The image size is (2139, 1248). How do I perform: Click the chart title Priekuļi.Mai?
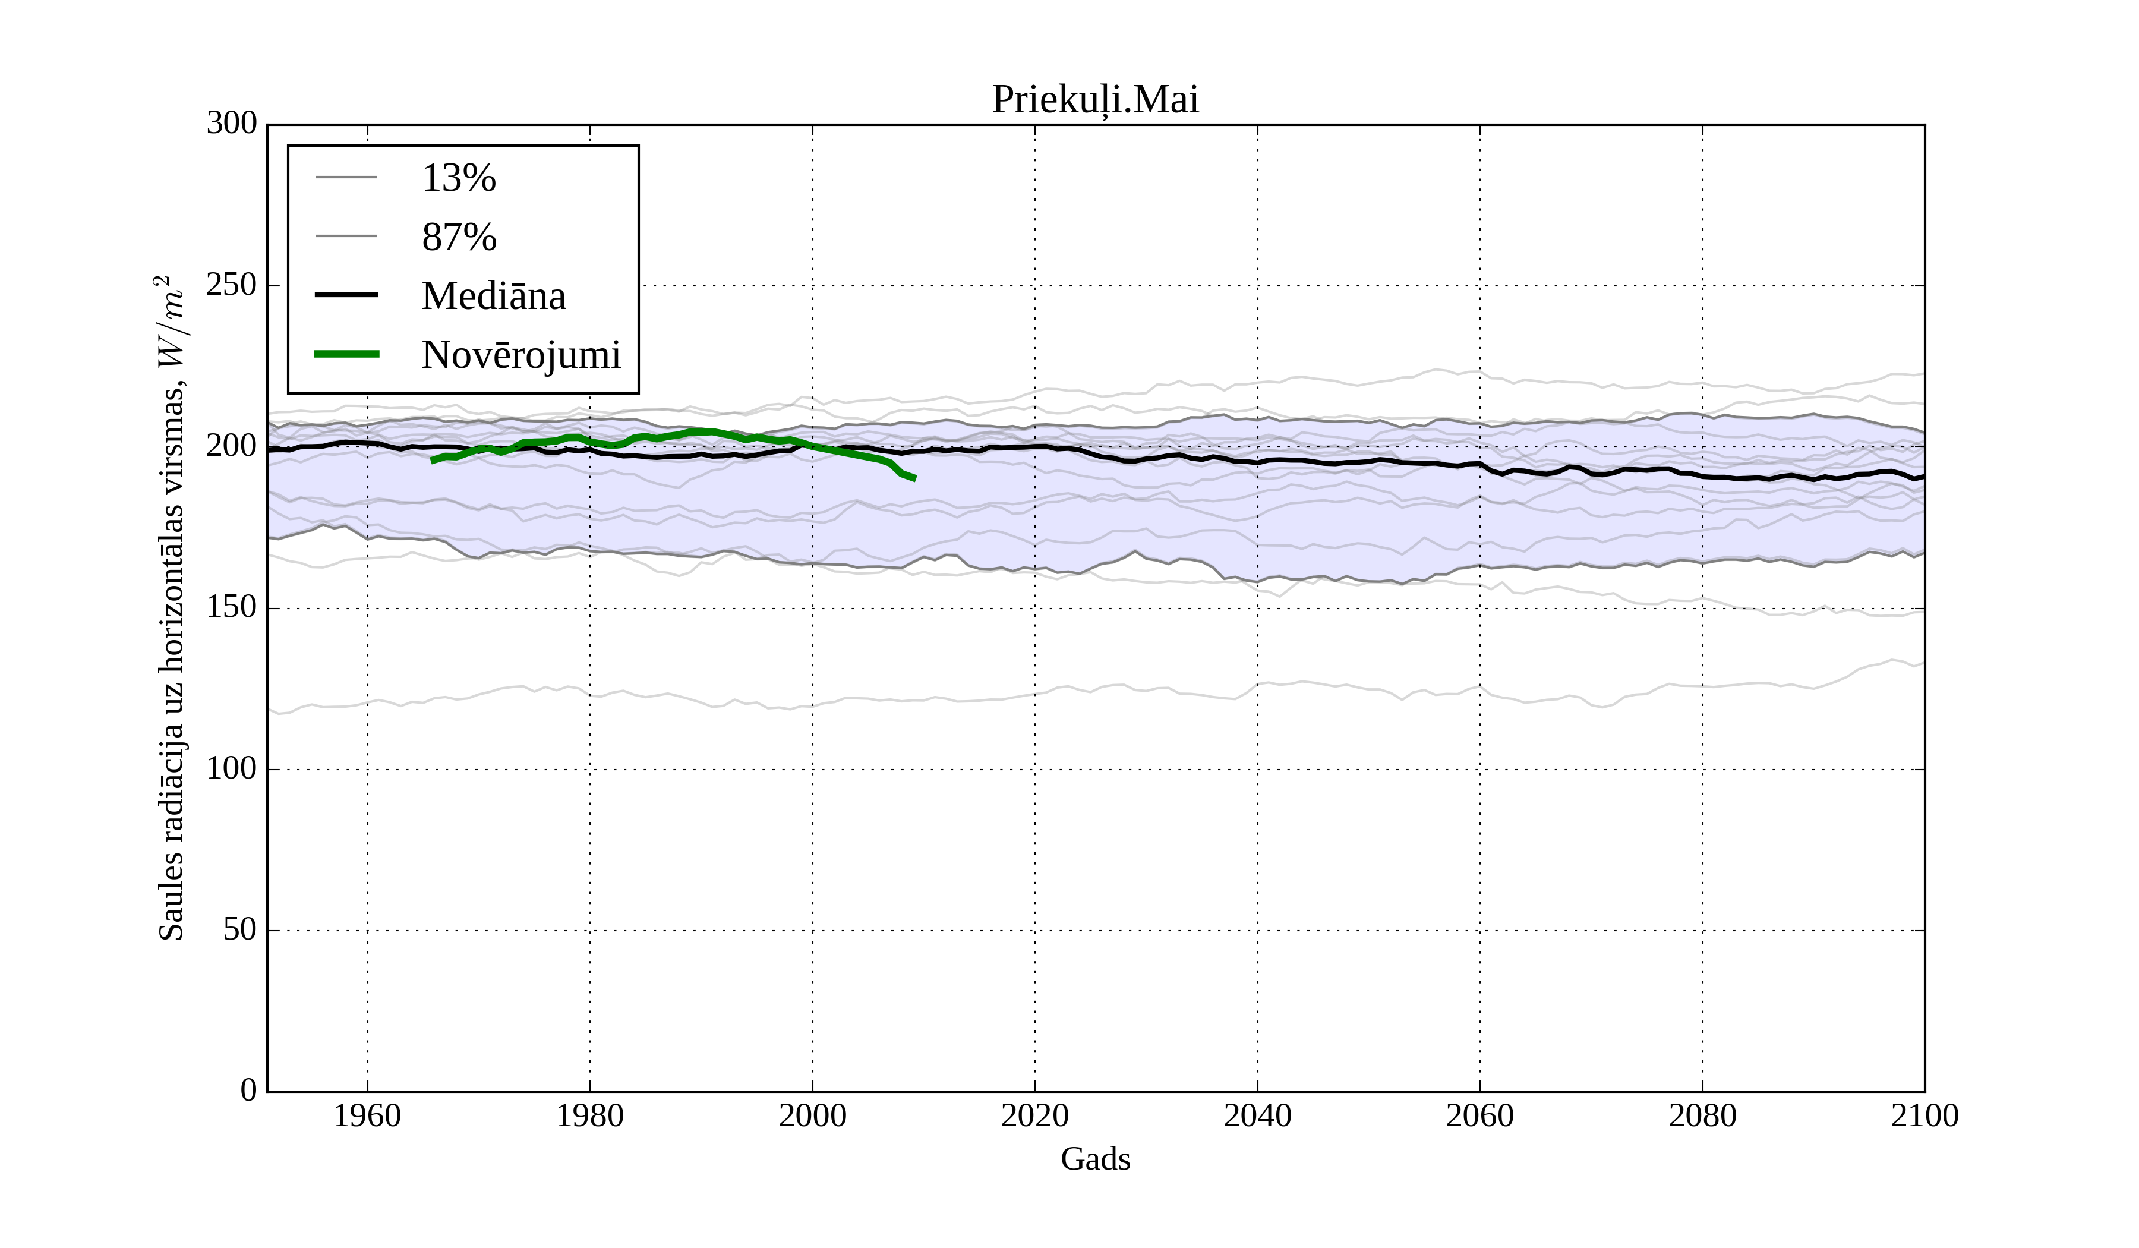(1095, 100)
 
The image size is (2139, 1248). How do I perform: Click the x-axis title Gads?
(1095, 1159)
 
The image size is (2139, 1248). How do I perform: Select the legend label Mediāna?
(493, 295)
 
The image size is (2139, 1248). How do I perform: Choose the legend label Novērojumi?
(521, 355)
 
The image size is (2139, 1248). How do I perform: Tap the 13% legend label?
(458, 178)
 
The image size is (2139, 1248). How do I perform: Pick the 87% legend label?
(458, 237)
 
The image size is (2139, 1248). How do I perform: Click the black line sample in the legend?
(346, 295)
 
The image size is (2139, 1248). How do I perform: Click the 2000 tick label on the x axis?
(812, 1115)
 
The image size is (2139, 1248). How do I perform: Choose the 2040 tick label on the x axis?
(1257, 1115)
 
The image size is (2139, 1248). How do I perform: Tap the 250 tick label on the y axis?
(232, 285)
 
